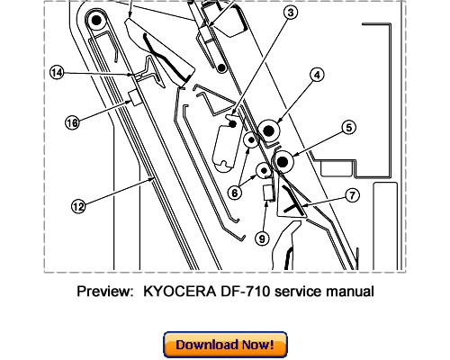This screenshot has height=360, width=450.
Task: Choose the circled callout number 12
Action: pyautogui.click(x=79, y=206)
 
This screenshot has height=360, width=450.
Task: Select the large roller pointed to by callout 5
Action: pyautogui.click(x=282, y=162)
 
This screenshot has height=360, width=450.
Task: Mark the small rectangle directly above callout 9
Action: pyautogui.click(x=266, y=192)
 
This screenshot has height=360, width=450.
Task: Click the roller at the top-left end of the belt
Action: pyautogui.click(x=94, y=19)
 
